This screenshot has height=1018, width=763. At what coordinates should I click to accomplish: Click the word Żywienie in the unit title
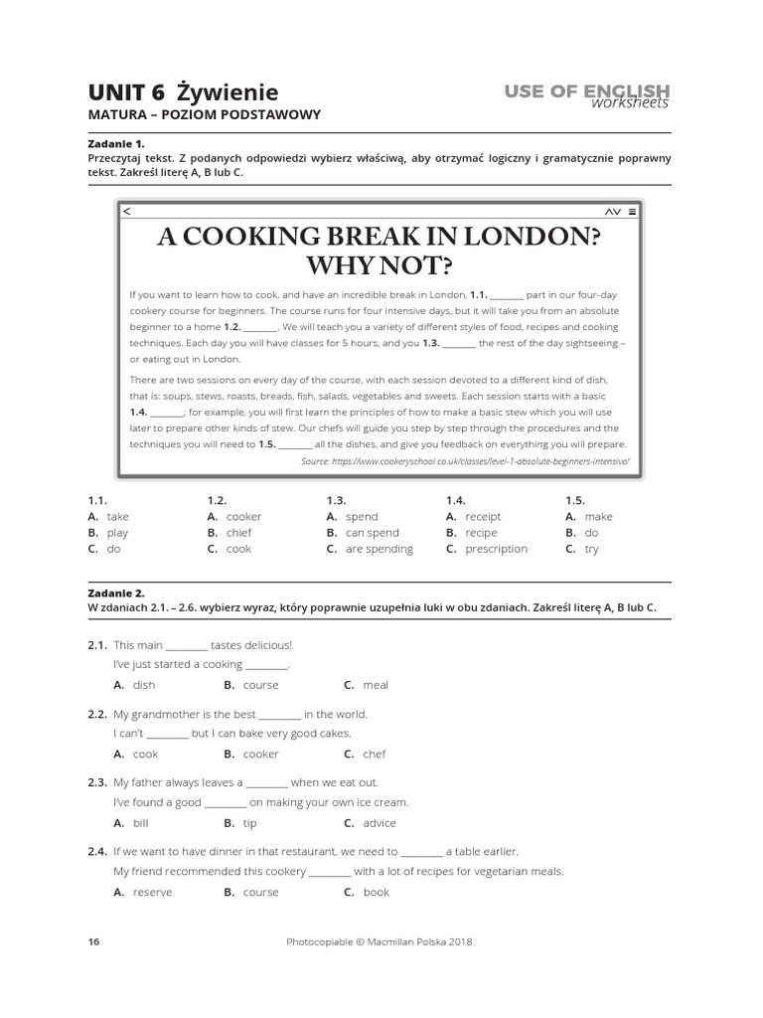[x=228, y=92]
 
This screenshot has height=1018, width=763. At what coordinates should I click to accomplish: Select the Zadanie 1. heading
[x=116, y=143]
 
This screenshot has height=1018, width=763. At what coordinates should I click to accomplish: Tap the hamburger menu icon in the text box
[x=633, y=212]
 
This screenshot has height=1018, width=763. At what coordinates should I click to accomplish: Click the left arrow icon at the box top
[x=126, y=212]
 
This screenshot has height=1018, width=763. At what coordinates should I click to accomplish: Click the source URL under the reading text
[x=465, y=462]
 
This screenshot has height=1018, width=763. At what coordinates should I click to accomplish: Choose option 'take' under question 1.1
[x=117, y=517]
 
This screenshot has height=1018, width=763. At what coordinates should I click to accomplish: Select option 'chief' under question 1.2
[x=238, y=533]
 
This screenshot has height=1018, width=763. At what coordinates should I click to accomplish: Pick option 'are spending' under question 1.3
[x=379, y=549]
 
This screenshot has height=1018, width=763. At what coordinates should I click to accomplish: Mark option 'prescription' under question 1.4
[x=496, y=549]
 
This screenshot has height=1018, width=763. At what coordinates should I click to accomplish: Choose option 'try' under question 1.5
[x=591, y=549]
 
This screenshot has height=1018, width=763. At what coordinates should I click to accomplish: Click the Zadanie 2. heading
[x=116, y=593]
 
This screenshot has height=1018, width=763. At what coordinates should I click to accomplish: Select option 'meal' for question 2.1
[x=375, y=685]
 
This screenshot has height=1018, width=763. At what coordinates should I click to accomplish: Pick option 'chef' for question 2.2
[x=374, y=754]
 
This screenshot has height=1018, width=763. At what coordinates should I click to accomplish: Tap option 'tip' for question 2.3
[x=249, y=823]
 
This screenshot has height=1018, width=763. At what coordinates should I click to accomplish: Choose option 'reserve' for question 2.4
[x=152, y=892]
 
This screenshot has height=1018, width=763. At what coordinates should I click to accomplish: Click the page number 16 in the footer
[x=93, y=941]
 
